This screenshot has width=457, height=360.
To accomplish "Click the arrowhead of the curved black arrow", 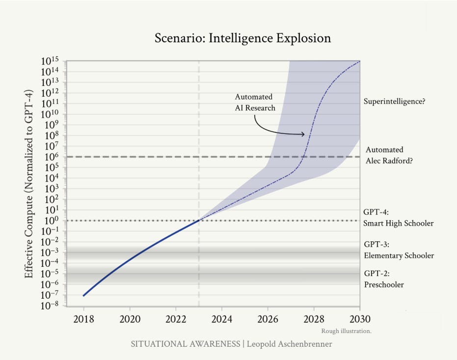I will point(303,134).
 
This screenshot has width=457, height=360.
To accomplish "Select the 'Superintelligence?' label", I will point(394,102).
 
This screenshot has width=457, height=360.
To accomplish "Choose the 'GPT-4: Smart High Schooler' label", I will point(399,218).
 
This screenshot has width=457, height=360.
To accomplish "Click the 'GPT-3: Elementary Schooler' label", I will point(399,250).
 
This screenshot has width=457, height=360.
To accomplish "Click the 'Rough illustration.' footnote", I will point(346,331).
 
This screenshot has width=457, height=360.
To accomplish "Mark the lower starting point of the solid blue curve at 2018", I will point(83,296).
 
